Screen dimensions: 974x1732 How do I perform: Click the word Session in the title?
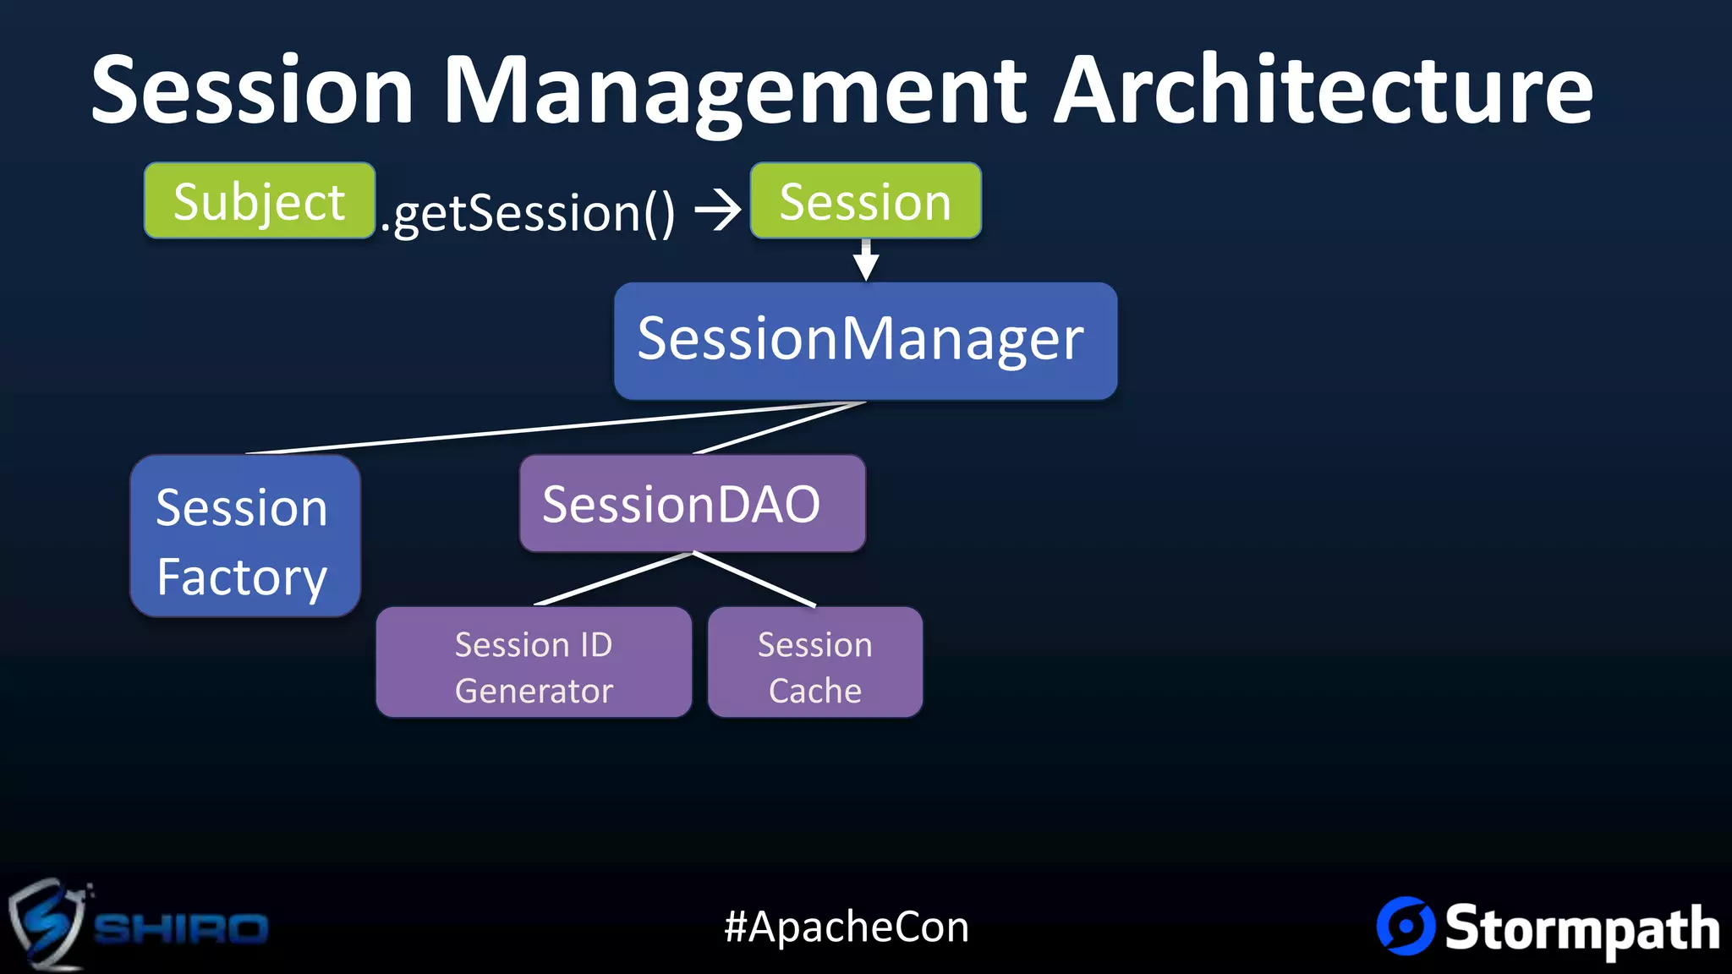click(x=252, y=90)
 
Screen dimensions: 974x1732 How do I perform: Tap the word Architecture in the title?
click(x=1324, y=90)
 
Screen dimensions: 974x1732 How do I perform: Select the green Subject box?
click(x=259, y=201)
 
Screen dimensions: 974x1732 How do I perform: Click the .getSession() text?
click(x=528, y=212)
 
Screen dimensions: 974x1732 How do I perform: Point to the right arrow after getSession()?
click(x=717, y=210)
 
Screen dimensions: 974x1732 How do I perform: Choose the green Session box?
click(x=865, y=201)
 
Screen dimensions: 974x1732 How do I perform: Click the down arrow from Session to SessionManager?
click(x=865, y=260)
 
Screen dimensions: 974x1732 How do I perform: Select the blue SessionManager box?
click(x=865, y=341)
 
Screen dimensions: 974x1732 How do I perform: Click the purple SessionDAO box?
click(x=692, y=504)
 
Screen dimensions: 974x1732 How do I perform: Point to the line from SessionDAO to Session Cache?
click(x=754, y=580)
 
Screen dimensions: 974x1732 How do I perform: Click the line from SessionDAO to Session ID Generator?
click(x=614, y=579)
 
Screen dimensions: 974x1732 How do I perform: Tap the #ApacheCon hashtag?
click(x=847, y=927)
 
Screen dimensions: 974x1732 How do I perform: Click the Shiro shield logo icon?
click(x=47, y=923)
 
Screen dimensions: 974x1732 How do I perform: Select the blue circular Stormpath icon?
click(x=1405, y=926)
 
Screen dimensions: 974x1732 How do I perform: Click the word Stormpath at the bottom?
click(x=1581, y=928)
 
